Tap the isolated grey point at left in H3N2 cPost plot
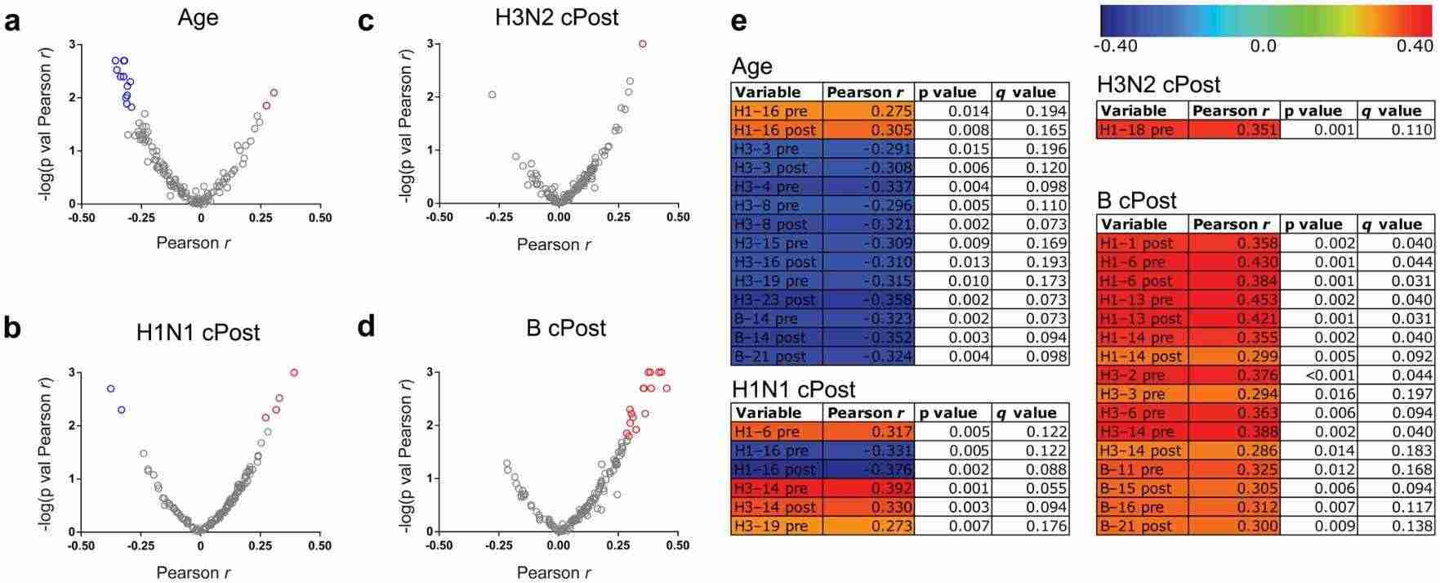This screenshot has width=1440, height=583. (493, 95)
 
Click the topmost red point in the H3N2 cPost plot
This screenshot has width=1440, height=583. (643, 44)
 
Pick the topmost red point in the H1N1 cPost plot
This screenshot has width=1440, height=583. (294, 373)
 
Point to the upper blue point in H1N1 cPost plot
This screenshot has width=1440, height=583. (111, 388)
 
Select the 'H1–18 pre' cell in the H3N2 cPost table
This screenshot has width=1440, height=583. (1142, 129)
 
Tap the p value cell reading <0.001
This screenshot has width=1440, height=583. (1317, 375)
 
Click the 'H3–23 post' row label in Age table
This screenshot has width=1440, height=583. (776, 299)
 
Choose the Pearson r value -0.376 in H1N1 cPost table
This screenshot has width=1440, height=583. (868, 469)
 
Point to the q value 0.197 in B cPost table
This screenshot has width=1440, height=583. (1395, 394)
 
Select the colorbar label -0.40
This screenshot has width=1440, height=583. (1114, 46)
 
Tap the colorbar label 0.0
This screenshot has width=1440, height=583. (1263, 46)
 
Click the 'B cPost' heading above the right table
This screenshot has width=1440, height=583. (1137, 200)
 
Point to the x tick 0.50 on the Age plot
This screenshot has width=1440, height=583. (320, 218)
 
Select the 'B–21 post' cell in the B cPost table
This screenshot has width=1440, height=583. (1142, 526)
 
